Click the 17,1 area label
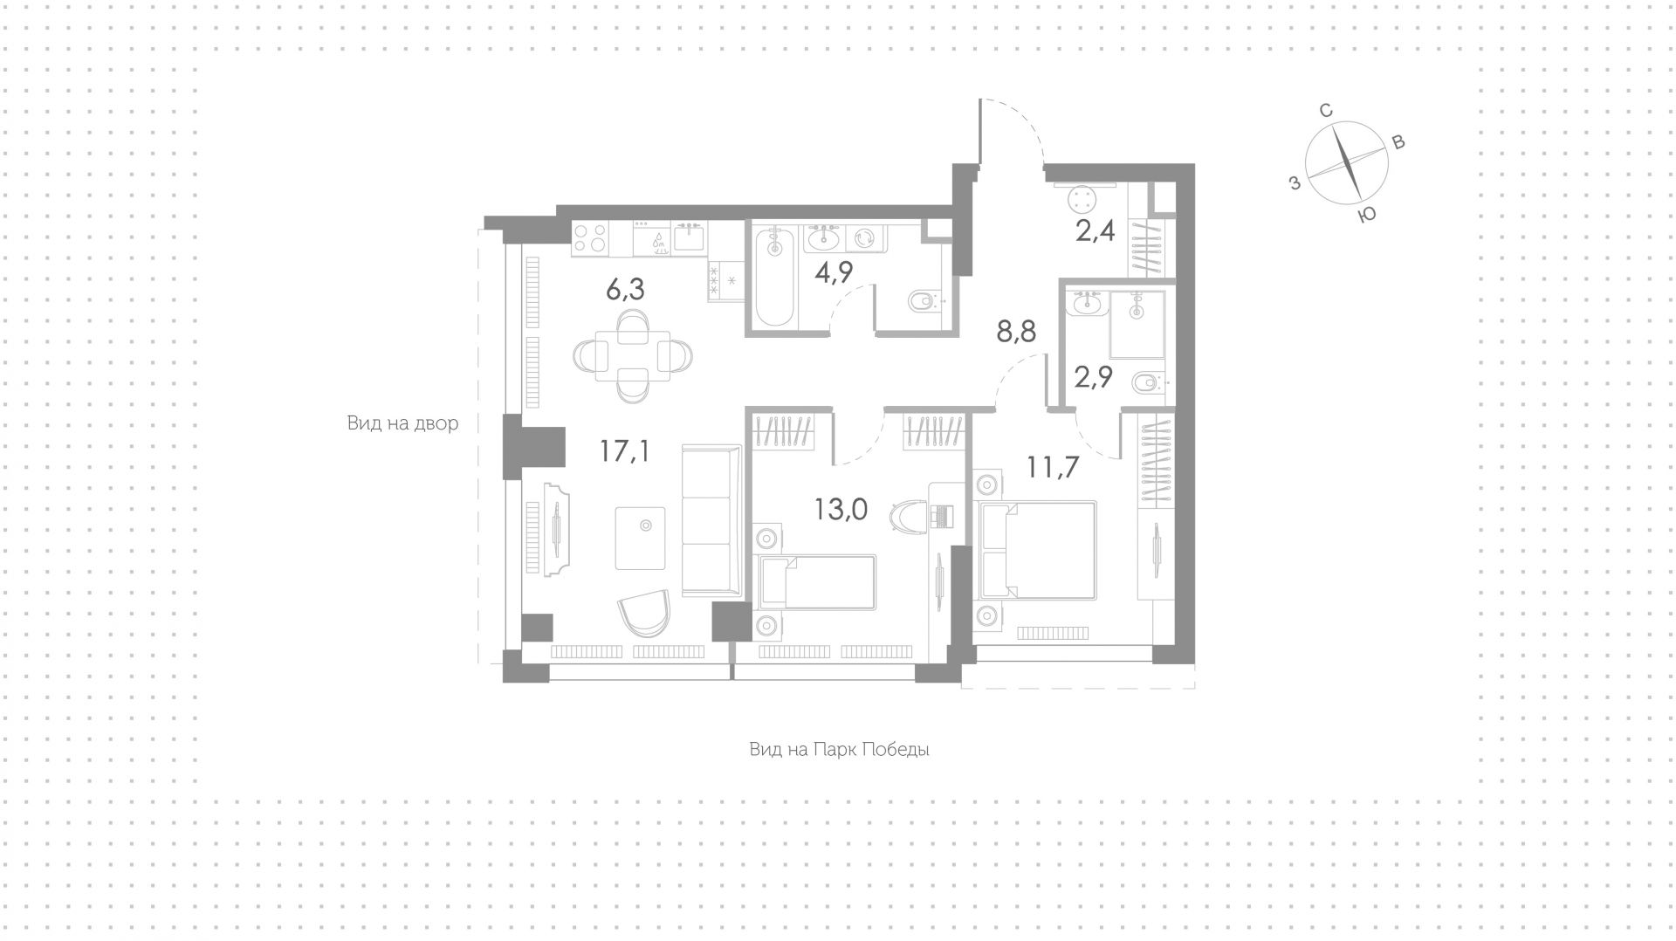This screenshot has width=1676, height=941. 624,451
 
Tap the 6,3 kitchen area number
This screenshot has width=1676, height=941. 625,289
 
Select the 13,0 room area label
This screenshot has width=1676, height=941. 841,509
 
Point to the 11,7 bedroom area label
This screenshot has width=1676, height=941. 1053,467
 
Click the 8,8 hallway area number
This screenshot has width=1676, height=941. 1017,332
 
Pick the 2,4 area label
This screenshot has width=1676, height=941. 1096,233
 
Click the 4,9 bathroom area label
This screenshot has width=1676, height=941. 833,271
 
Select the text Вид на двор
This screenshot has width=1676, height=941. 402,424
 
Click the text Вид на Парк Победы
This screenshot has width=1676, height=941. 839,750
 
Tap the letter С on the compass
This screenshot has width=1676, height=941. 1325,111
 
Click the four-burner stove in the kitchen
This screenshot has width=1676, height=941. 591,238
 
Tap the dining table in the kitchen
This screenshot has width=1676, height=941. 633,356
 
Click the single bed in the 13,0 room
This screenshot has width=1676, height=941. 817,582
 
